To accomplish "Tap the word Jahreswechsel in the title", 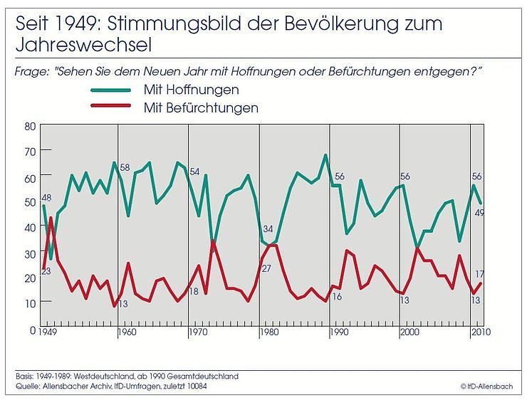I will (x=83, y=45).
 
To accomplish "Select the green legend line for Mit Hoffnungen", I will (x=111, y=90).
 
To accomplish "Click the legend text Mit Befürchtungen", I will (x=200, y=108).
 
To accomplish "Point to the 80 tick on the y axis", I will (x=30, y=127).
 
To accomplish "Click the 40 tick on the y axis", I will (x=30, y=228).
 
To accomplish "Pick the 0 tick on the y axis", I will (x=32, y=330).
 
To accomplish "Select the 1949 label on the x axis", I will (x=48, y=332).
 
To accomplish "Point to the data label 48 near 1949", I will (x=47, y=198).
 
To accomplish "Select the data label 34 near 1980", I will (x=268, y=229).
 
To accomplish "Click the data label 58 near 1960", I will (x=125, y=167).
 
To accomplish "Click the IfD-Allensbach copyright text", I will (x=486, y=386).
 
